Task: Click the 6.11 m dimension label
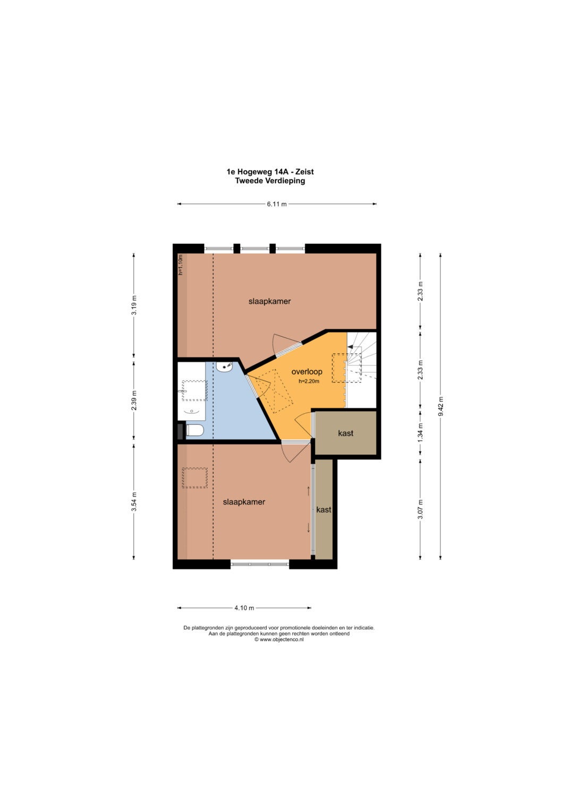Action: [x=276, y=204]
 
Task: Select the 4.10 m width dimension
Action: [x=244, y=608]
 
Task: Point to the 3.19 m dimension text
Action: [x=134, y=305]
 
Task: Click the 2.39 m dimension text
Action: [x=134, y=400]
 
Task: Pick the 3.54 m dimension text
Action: [x=134, y=501]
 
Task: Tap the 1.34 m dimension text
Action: [x=420, y=432]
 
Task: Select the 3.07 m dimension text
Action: [x=420, y=509]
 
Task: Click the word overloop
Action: [x=307, y=371]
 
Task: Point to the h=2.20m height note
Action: [x=309, y=381]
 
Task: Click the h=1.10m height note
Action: [x=181, y=264]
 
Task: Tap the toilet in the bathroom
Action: [x=195, y=431]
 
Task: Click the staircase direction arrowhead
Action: [x=350, y=346]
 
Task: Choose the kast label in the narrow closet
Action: [x=324, y=510]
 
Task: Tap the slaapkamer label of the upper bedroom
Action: [x=269, y=301]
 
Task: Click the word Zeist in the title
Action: [x=305, y=172]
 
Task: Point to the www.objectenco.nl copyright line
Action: [x=279, y=639]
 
